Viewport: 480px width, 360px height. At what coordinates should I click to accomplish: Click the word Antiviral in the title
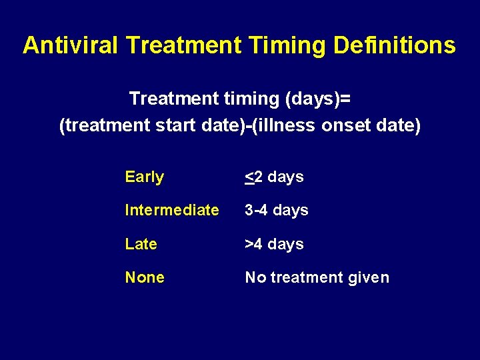click(x=71, y=45)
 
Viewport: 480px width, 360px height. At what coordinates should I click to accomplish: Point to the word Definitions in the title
click(x=395, y=45)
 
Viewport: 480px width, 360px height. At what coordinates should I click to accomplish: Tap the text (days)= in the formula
click(x=319, y=99)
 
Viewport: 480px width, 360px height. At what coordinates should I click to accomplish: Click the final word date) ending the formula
click(x=399, y=126)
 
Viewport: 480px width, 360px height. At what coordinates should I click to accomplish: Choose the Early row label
click(x=144, y=177)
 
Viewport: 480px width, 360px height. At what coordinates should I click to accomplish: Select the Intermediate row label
click(x=171, y=211)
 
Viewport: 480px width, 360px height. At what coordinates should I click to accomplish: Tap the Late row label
click(x=141, y=244)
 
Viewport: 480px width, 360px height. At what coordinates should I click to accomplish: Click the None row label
click(x=145, y=277)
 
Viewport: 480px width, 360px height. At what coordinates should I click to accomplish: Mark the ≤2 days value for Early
click(x=274, y=177)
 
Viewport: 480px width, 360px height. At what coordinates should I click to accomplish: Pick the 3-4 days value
click(x=276, y=211)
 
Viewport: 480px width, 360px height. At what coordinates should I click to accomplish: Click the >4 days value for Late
click(x=274, y=244)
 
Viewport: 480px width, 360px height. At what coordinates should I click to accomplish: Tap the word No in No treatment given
click(x=255, y=277)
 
